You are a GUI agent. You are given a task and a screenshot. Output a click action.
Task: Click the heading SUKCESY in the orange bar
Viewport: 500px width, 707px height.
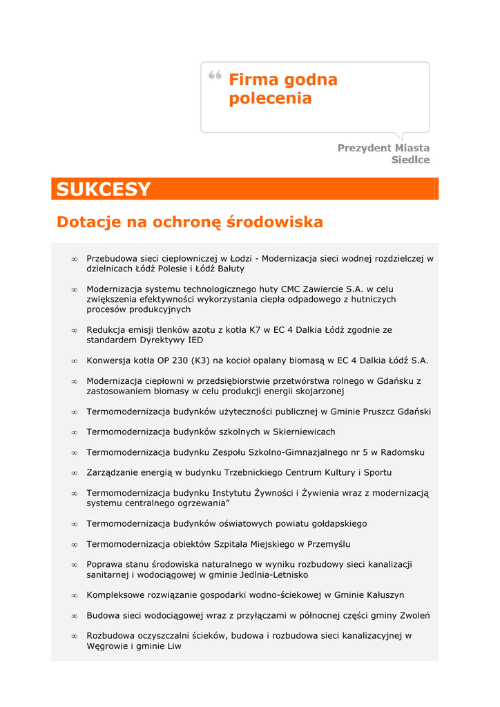click(x=103, y=189)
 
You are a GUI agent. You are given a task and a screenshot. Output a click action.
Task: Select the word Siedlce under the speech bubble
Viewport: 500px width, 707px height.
click(x=410, y=160)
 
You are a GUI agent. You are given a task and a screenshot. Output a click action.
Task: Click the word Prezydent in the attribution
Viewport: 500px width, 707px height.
click(x=364, y=148)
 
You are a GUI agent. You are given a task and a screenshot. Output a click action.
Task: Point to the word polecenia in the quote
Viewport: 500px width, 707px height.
click(x=270, y=99)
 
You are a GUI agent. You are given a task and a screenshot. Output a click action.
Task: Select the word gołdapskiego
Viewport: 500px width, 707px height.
click(x=337, y=524)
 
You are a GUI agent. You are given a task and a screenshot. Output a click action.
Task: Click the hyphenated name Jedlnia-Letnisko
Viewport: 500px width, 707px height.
click(x=272, y=575)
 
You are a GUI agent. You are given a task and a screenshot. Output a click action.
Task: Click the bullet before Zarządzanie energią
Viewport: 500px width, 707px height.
click(x=74, y=473)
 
